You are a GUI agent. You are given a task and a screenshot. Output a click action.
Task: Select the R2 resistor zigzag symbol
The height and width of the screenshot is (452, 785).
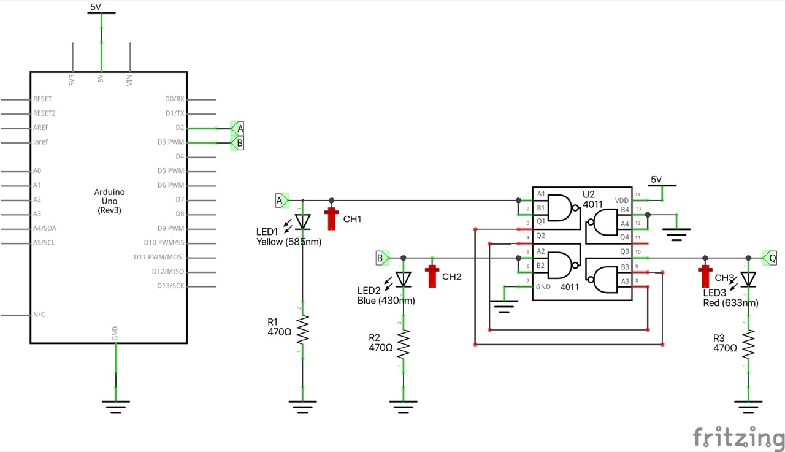(x=403, y=344)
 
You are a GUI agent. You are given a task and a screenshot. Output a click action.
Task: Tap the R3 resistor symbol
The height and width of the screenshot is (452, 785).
(x=748, y=345)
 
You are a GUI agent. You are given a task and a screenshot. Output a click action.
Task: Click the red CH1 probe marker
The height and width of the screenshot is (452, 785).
(x=332, y=217)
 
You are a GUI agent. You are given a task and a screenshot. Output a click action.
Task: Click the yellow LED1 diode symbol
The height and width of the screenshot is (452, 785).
(x=302, y=221)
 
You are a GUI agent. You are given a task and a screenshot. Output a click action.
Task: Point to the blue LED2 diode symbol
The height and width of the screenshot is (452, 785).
(x=403, y=279)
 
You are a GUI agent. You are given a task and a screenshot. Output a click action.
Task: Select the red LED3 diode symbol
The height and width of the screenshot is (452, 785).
(x=748, y=280)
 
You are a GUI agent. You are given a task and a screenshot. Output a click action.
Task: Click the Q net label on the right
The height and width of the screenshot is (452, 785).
(x=770, y=258)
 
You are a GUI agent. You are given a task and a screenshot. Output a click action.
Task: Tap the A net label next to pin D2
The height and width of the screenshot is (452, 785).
(x=238, y=128)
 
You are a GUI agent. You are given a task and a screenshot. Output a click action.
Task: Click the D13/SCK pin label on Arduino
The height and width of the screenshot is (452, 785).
(x=170, y=286)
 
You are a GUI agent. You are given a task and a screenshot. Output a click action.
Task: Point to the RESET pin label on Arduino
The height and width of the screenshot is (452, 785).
(x=42, y=99)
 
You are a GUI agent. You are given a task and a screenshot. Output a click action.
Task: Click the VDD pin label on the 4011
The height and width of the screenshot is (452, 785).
(x=621, y=201)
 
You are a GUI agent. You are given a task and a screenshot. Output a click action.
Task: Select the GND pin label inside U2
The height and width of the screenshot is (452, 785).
(x=544, y=286)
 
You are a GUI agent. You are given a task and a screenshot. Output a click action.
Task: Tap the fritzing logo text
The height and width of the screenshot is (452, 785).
(x=738, y=437)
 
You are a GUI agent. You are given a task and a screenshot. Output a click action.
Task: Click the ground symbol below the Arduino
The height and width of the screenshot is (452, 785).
(x=115, y=404)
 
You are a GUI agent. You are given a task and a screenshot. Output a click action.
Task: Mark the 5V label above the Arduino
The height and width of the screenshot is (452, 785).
(x=96, y=7)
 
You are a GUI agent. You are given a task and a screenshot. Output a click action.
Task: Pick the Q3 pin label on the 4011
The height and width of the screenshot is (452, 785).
(x=624, y=251)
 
